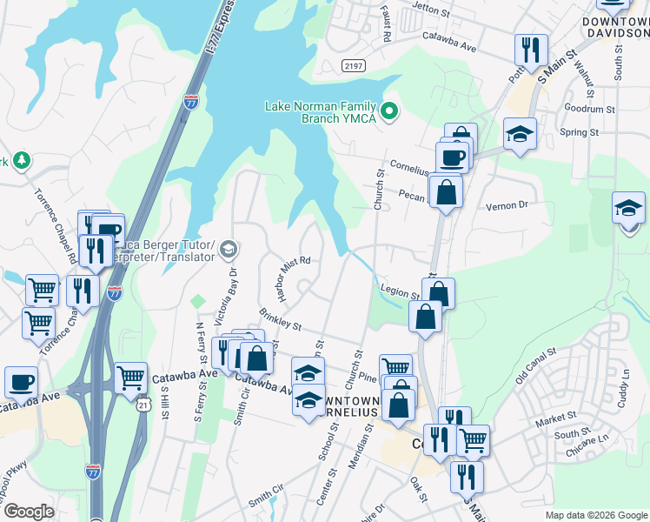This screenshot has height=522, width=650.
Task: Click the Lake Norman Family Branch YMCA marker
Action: pos(390,110)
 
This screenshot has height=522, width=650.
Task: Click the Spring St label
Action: pos(581,132)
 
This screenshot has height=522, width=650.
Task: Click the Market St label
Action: pos(555,418)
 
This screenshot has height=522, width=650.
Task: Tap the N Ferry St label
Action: pos(199,345)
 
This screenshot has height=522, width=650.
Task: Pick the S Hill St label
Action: pos(164,400)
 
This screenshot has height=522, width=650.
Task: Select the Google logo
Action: pos(29,512)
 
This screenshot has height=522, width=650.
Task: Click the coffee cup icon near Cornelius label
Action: pos(451,157)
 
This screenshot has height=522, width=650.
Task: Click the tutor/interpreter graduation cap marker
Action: pos(228,251)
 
